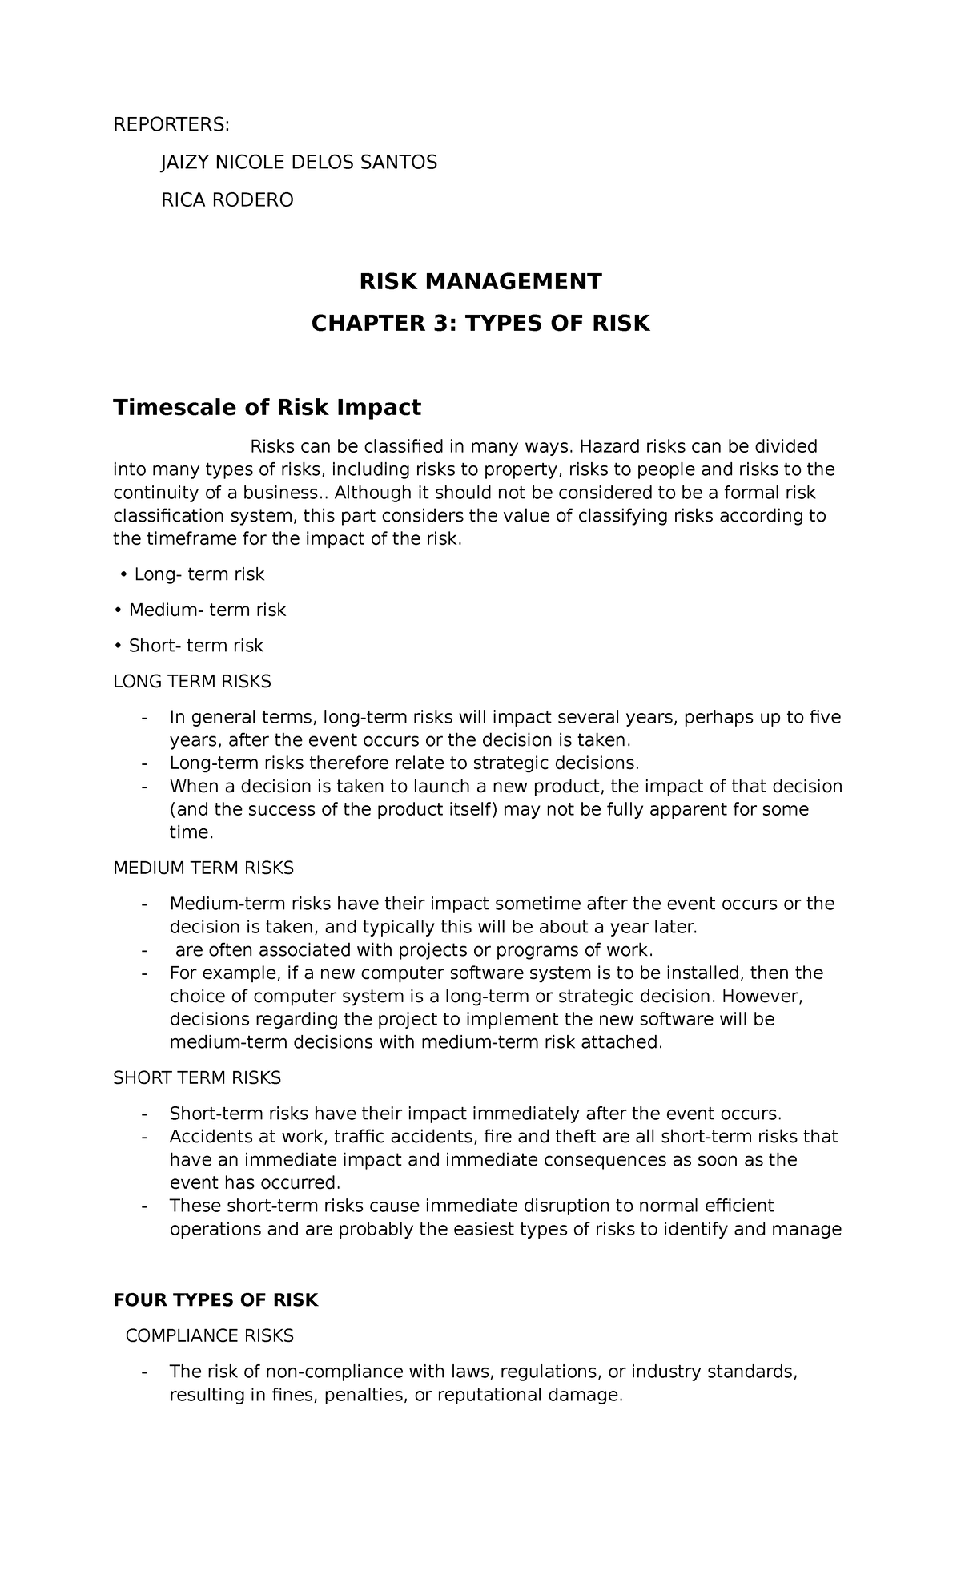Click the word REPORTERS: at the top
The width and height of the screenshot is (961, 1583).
point(171,125)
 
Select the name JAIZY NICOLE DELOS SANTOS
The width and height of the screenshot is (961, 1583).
point(300,163)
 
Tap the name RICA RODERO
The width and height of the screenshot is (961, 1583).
point(227,200)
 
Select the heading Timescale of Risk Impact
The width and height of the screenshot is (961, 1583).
point(267,408)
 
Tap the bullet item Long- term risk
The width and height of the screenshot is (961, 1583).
point(199,574)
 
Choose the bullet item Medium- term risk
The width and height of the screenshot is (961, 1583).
point(207,610)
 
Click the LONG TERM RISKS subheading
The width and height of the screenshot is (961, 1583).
point(192,682)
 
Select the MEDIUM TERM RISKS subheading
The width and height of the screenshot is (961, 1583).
point(203,868)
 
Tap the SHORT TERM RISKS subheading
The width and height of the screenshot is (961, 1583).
point(197,1078)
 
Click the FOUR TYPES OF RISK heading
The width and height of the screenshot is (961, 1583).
point(216,1300)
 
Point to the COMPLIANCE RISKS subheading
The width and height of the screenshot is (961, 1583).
point(210,1336)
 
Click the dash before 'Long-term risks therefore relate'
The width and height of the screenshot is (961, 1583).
point(144,763)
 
